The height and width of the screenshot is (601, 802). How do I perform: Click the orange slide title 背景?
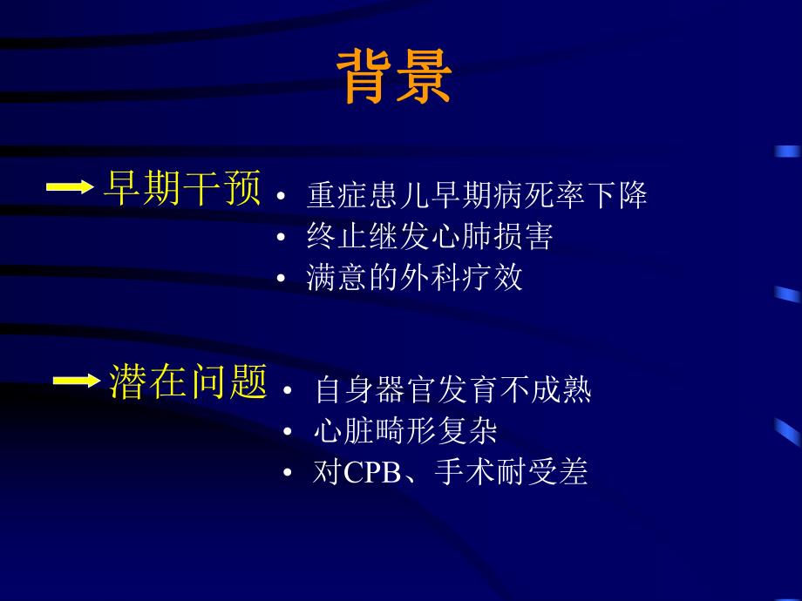pyautogui.click(x=394, y=77)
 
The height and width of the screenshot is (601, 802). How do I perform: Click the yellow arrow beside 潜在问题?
pyautogui.click(x=77, y=381)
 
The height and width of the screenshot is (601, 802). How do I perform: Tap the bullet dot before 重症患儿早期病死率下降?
pyautogui.click(x=280, y=196)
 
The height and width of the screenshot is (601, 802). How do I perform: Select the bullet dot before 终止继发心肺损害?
pyautogui.click(x=280, y=237)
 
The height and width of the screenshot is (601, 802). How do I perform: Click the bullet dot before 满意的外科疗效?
pyautogui.click(x=280, y=278)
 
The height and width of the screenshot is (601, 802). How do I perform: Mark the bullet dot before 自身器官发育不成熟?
pyautogui.click(x=288, y=391)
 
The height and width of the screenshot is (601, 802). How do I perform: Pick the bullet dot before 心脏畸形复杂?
pyautogui.click(x=288, y=432)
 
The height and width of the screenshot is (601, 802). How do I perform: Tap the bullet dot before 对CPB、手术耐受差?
pyautogui.click(x=288, y=473)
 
